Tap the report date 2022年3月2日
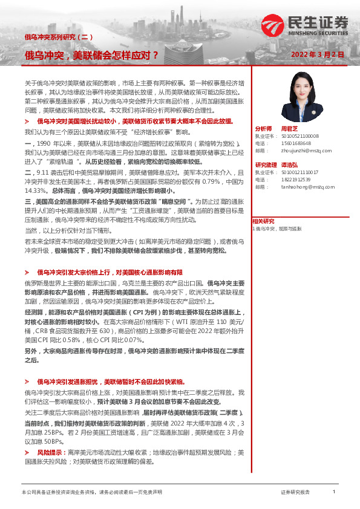click(x=317, y=54)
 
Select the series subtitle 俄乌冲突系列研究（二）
click(x=58, y=37)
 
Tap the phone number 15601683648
click(x=296, y=144)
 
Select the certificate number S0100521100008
click(x=299, y=137)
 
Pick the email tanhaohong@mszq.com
click(x=304, y=187)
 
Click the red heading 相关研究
click(x=263, y=221)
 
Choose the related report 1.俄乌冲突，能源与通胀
click(x=277, y=229)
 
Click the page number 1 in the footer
click(x=333, y=493)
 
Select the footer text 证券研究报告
click(x=295, y=493)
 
